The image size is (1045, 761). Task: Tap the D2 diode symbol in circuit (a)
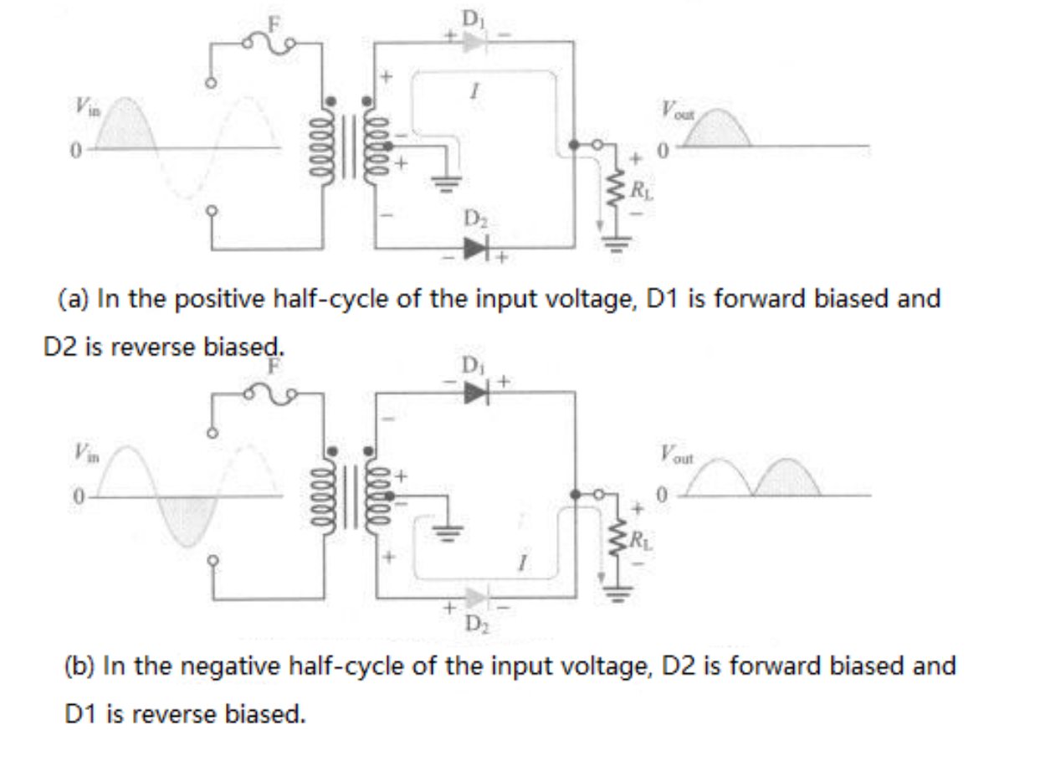pos(477,247)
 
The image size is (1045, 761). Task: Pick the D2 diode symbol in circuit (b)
pos(476,598)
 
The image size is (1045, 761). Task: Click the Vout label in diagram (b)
pos(675,455)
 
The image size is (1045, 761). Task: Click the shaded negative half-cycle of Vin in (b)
pos(186,518)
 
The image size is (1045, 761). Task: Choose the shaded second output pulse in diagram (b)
pos(787,481)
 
